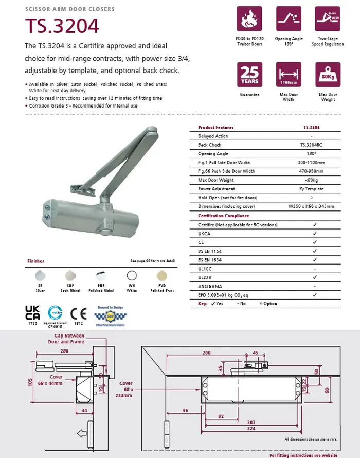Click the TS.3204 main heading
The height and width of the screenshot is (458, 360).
click(62, 26)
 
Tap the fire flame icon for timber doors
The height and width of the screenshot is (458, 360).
click(249, 19)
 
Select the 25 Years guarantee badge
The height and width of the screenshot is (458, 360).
click(249, 75)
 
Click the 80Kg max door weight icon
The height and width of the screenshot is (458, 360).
click(328, 75)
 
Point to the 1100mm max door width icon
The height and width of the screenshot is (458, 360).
click(289, 75)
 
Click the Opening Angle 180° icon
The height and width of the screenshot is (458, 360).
click(289, 19)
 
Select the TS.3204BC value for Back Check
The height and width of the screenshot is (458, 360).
click(311, 145)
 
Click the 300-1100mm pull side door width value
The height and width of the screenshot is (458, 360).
click(311, 163)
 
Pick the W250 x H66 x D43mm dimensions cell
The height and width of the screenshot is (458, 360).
click(311, 206)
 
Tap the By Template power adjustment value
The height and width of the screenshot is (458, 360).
click(311, 189)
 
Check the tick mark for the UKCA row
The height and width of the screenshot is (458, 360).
click(314, 233)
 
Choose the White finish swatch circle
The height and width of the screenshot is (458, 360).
click(133, 275)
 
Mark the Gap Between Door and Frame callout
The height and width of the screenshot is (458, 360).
click(66, 339)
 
